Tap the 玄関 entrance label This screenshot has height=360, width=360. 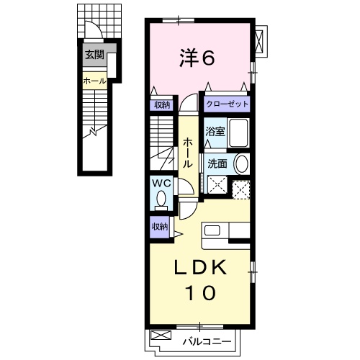[94, 55]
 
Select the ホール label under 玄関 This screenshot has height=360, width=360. [94, 81]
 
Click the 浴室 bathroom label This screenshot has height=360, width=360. [214, 132]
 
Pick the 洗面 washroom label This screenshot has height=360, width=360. [217, 163]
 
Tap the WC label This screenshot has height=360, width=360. [161, 182]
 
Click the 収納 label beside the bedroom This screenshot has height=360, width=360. [161, 104]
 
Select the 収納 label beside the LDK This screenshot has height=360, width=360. [160, 226]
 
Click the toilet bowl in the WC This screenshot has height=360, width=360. [162, 197]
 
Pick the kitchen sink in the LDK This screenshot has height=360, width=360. [214, 230]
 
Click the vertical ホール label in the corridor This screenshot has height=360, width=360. [187, 153]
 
